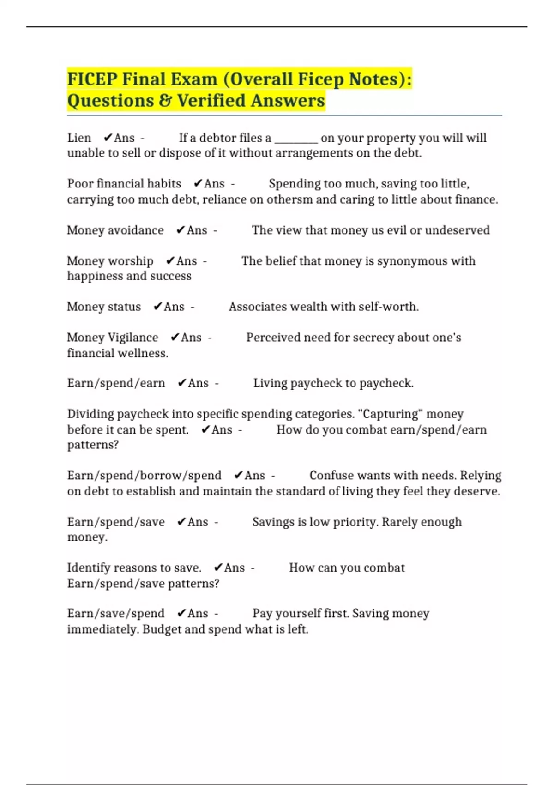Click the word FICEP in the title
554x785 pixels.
tap(92, 79)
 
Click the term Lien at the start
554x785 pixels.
tap(79, 138)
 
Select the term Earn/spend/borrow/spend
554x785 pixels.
tap(144, 476)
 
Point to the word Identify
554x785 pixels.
tap(88, 568)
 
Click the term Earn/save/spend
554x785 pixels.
tap(116, 613)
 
